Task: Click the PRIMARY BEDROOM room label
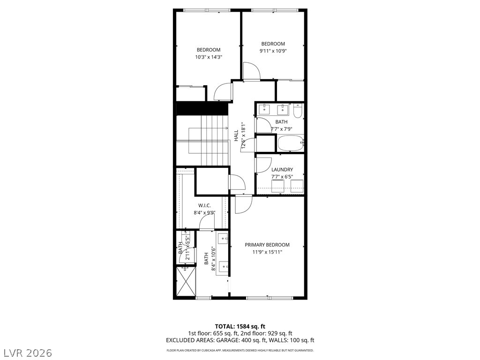coord(267,245)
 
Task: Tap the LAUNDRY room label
coord(282,170)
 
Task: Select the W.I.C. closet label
coord(204,205)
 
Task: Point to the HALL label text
coord(237,135)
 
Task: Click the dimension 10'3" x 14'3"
coord(208,57)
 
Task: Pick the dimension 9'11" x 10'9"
coord(273,51)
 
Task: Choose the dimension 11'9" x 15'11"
coord(267,252)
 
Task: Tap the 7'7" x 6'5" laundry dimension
coord(282,177)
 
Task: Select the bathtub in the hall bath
coord(291,143)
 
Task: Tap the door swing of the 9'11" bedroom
coord(252,71)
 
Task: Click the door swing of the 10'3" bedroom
coord(223,91)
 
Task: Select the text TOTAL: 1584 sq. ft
coord(240,326)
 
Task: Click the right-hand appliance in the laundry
coord(297,186)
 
